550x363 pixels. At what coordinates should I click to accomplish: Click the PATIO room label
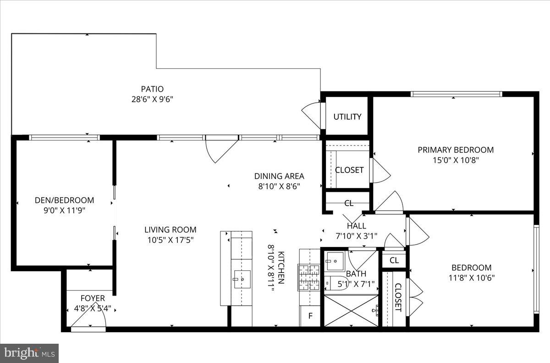pyautogui.click(x=152, y=89)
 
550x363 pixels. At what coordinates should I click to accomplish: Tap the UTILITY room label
pyautogui.click(x=347, y=117)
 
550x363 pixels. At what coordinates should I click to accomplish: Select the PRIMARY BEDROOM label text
pyautogui.click(x=455, y=150)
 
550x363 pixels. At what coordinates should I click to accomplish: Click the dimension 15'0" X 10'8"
pyautogui.click(x=455, y=160)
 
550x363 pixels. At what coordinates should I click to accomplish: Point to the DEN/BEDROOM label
pyautogui.click(x=64, y=200)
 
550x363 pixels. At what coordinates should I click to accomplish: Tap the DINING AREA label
pyautogui.click(x=279, y=176)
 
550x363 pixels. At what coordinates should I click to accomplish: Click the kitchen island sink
pyautogui.click(x=242, y=279)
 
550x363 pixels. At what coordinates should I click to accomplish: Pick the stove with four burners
pyautogui.click(x=309, y=278)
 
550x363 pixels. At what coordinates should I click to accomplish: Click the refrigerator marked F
pyautogui.click(x=310, y=316)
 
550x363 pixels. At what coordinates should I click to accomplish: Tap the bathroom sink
pyautogui.click(x=335, y=262)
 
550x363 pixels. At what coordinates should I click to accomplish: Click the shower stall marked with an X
pyautogui.click(x=351, y=311)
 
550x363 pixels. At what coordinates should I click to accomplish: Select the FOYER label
pyautogui.click(x=93, y=298)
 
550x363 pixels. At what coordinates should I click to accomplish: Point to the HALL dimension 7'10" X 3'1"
pyautogui.click(x=356, y=236)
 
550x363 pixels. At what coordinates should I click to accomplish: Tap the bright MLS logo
pyautogui.click(x=29, y=353)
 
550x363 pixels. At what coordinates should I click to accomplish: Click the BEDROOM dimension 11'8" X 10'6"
pyautogui.click(x=471, y=278)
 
